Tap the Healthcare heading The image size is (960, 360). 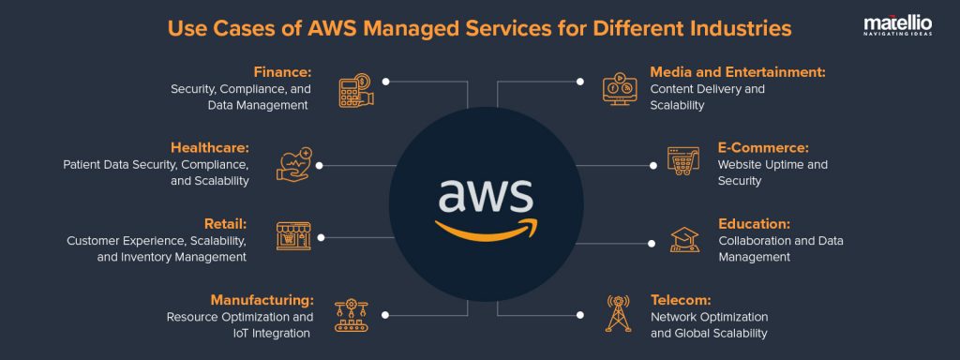coord(209,148)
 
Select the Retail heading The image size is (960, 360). coord(225,224)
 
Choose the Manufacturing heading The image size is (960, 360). coord(262,300)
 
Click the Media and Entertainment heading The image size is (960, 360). coord(737,71)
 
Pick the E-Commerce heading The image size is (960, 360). coord(762,148)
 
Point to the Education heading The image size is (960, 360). coord(754,224)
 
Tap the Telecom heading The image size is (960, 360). coord(681,300)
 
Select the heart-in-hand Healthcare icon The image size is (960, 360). coord(293,164)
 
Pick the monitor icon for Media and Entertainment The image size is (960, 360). coord(619,87)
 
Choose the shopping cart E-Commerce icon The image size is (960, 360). coord(683,160)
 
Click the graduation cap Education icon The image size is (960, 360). coord(684,239)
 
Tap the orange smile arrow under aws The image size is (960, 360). coord(487,228)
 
